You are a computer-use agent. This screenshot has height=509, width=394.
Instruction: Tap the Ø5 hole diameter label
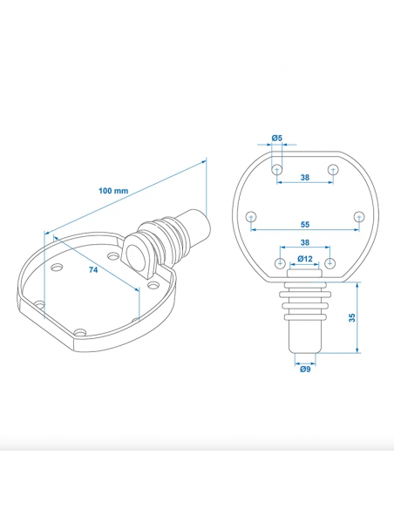click(276, 139)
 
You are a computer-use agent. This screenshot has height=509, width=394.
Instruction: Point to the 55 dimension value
click(304, 223)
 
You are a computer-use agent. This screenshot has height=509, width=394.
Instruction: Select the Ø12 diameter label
click(304, 259)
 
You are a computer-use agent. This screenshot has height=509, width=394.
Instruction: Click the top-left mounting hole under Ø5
click(276, 169)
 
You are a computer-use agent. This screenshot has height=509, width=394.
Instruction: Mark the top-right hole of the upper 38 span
click(332, 169)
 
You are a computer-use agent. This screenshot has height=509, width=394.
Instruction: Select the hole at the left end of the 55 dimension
click(251, 217)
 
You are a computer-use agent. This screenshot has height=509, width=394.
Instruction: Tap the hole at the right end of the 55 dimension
click(357, 217)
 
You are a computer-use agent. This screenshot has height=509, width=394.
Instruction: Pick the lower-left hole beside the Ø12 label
click(280, 263)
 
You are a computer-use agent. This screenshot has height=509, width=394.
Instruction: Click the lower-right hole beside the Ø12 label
click(329, 263)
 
